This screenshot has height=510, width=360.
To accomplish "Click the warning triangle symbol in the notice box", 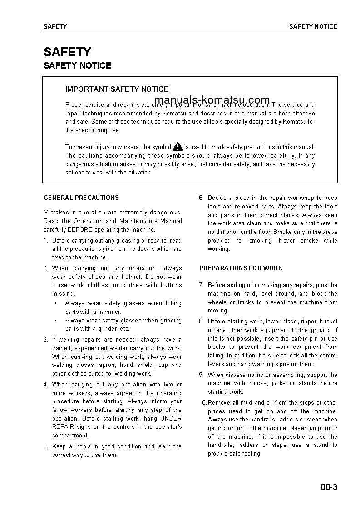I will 178,146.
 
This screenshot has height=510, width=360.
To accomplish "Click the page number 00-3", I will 328,488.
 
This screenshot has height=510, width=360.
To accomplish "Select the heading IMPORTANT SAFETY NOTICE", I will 117,89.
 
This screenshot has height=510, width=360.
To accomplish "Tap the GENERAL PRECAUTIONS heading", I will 81,198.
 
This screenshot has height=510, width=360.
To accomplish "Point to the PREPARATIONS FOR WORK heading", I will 241,268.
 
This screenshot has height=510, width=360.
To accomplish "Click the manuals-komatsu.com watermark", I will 212,100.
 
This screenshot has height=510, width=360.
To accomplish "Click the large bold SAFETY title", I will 67,52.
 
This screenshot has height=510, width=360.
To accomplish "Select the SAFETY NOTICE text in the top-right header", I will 313,26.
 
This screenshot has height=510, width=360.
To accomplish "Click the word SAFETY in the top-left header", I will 55,26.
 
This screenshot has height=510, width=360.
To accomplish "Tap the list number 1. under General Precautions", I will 46,241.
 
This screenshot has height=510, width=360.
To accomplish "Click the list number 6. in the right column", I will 202,198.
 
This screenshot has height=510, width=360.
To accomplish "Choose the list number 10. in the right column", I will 203,403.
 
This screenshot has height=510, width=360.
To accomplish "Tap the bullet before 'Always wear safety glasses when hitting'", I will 55,303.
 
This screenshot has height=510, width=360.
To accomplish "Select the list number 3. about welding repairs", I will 46,340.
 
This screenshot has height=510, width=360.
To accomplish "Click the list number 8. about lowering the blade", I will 202,322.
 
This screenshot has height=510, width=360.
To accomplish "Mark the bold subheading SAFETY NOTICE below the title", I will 77,66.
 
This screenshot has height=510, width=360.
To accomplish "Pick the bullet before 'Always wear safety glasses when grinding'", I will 55,321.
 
